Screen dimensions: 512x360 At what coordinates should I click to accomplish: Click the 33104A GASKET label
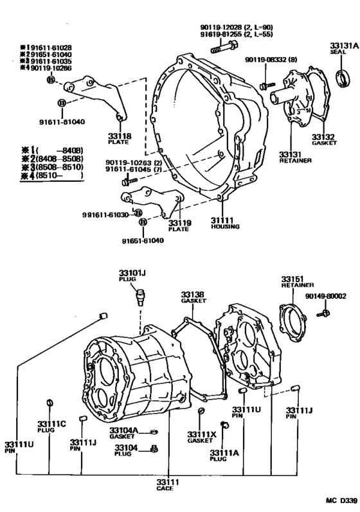(x=123, y=433)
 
